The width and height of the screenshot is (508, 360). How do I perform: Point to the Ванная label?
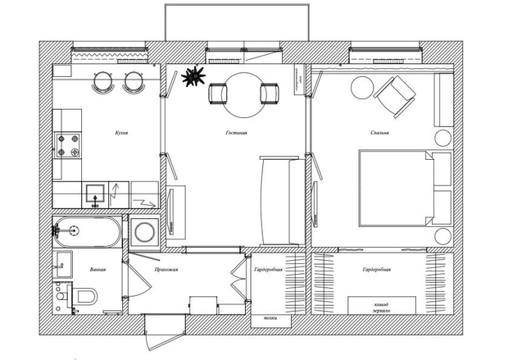(x=98, y=269)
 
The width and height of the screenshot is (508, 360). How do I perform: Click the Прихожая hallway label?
(x=166, y=269)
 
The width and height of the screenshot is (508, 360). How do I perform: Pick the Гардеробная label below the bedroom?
(x=376, y=269)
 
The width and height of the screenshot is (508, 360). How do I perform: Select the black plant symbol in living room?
(x=193, y=78)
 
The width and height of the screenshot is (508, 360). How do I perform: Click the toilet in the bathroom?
(x=86, y=295)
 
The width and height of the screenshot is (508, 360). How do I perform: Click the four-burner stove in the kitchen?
(x=68, y=145)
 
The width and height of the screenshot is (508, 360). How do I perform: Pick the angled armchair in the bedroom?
(x=397, y=93)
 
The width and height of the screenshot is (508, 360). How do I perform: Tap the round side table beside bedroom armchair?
(x=361, y=86)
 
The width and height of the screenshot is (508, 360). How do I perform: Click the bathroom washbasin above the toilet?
(x=61, y=265)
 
